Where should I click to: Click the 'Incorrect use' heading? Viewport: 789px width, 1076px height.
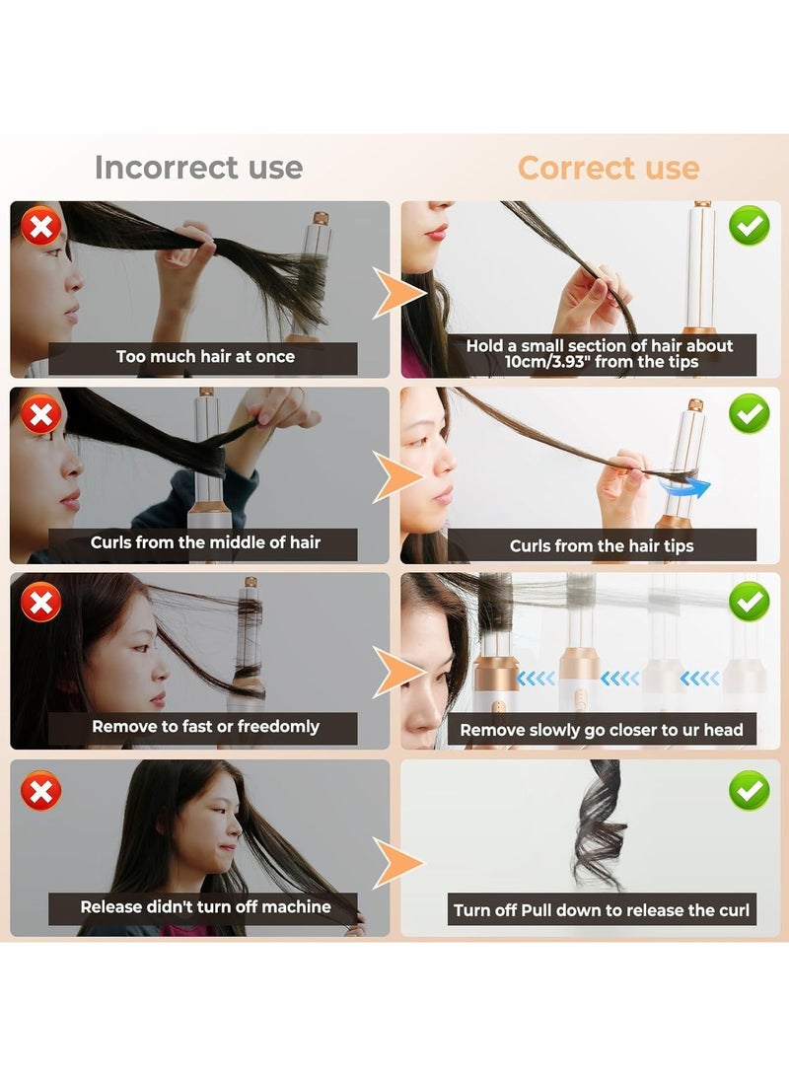click(x=198, y=168)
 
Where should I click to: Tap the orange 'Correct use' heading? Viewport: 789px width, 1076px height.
click(x=609, y=168)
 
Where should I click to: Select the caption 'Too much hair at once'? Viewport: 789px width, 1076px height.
click(x=205, y=357)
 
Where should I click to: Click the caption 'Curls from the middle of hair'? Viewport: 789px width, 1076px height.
click(x=205, y=542)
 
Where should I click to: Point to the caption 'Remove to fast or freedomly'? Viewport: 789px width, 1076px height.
click(x=205, y=727)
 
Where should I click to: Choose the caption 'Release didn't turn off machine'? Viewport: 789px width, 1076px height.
click(x=205, y=907)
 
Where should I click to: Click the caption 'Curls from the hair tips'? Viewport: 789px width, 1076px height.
click(x=602, y=545)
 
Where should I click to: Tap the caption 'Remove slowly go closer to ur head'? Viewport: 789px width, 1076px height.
click(x=602, y=731)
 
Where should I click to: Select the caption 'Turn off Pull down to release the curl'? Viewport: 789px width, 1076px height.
click(x=602, y=910)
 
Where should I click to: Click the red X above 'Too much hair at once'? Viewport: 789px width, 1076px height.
click(x=40, y=228)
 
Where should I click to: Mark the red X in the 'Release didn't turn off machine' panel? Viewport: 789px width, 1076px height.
click(x=40, y=789)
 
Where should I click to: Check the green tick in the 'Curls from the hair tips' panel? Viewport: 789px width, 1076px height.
click(x=750, y=413)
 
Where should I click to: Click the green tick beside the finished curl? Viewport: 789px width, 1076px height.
click(x=750, y=789)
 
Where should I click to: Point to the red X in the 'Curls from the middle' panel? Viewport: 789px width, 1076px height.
click(x=40, y=414)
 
